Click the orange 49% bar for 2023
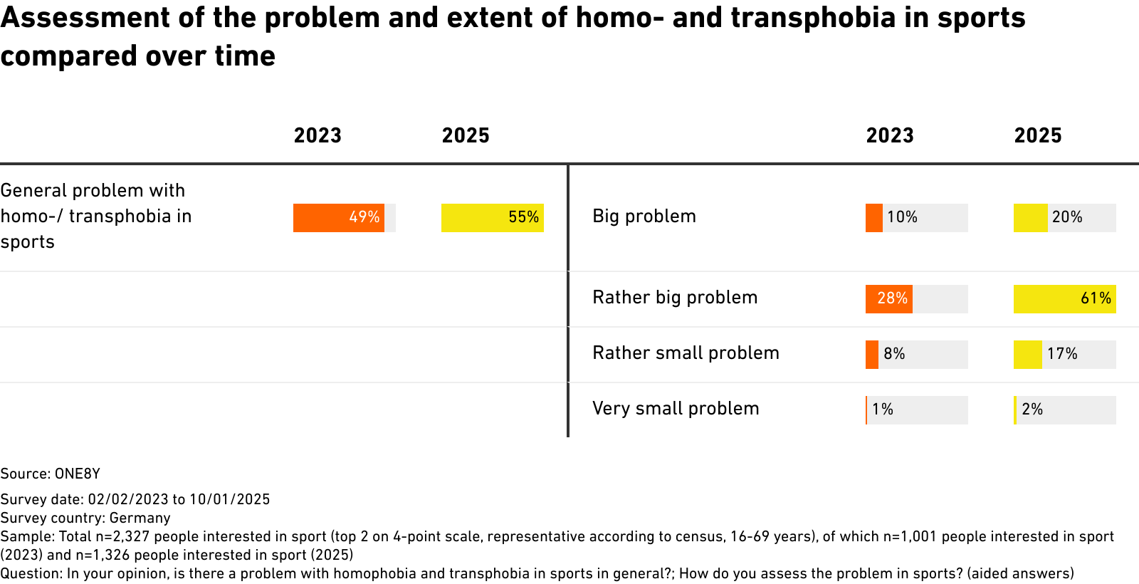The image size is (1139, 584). pos(339,218)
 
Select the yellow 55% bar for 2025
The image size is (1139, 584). pos(492,218)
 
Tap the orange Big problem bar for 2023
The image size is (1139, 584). pos(874,218)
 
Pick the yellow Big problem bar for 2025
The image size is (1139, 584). pos(1031,218)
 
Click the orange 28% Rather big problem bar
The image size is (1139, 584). pos(889,298)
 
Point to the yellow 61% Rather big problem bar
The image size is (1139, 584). pos(1065,298)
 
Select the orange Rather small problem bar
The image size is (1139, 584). pos(872,354)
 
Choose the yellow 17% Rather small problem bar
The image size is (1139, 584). pos(1028,354)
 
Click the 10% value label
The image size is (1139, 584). pos(903,217)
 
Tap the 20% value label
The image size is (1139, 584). pos(1067,217)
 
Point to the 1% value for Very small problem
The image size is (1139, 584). pos(883,409)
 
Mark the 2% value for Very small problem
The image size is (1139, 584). pos(1032,409)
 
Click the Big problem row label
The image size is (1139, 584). pos(644,217)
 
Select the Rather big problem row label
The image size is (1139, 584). pos(676,298)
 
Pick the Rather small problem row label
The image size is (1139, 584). pos(686,353)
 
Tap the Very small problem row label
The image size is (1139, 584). pos(676,409)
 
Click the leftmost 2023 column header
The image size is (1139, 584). pos(317,135)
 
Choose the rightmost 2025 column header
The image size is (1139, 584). pos(1038,135)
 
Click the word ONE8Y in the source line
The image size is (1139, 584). pos(78,474)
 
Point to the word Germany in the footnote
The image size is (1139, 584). pos(140,518)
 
